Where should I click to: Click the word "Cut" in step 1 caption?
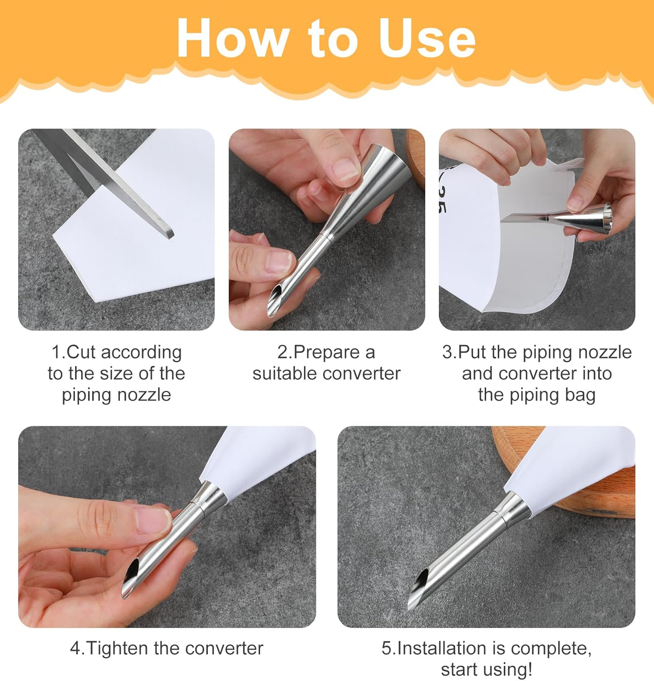[x=81, y=352]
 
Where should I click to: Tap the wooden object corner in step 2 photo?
[x=415, y=157]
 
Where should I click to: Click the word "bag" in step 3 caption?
[x=579, y=395]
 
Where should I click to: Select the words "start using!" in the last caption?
[x=487, y=670]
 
